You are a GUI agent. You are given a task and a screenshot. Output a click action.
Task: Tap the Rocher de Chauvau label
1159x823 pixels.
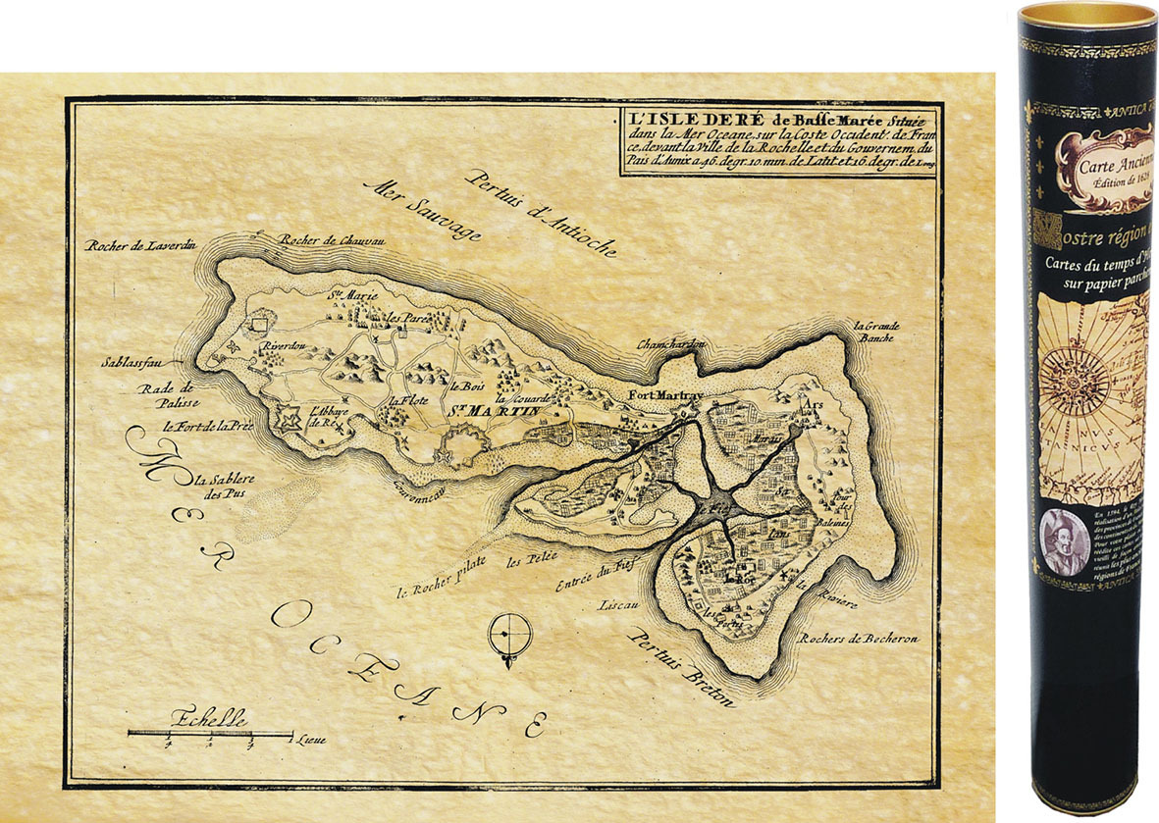point(324,238)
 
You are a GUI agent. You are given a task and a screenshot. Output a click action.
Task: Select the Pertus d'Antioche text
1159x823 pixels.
point(541,213)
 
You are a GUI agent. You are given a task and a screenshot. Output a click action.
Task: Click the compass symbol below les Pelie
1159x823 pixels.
point(510,639)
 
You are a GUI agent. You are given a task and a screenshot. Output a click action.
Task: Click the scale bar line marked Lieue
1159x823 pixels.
point(210,734)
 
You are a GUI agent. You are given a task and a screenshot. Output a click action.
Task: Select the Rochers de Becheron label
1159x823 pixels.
point(860,639)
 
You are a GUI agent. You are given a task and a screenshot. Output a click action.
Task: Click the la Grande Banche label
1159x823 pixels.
point(876,334)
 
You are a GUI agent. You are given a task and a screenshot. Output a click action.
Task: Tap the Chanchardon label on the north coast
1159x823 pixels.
point(671,344)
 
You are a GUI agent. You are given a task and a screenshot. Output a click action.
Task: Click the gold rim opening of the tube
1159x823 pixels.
point(1087,18)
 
